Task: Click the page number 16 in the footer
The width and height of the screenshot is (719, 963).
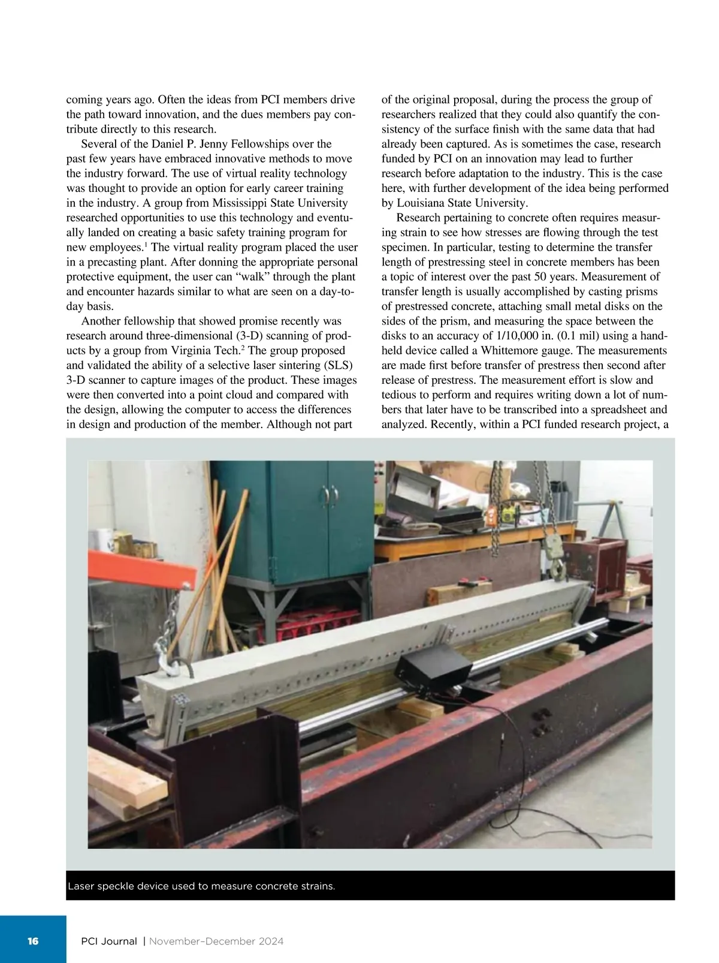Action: [32, 941]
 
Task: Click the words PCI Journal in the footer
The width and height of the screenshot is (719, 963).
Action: [108, 941]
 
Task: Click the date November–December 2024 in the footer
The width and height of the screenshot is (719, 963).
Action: [216, 941]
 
